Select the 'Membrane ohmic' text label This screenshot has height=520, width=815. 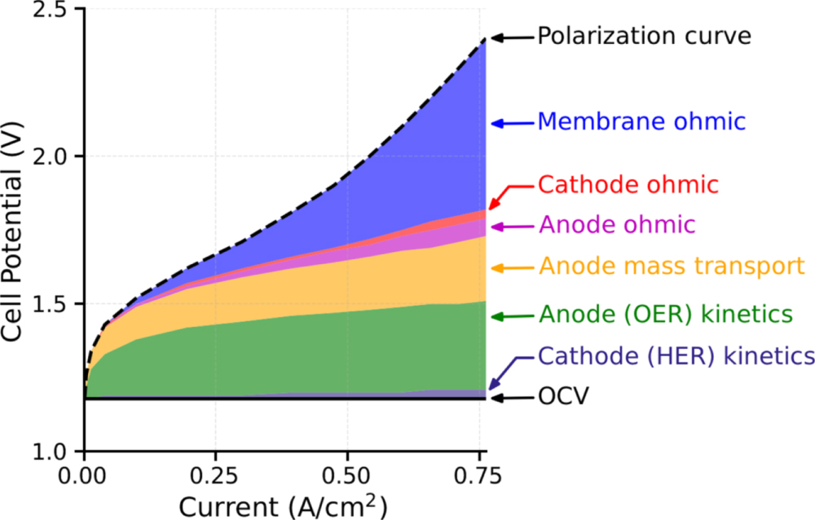point(641,122)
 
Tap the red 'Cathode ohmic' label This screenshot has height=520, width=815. point(628,185)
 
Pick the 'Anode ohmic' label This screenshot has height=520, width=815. point(616,225)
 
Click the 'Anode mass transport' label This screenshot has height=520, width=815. point(671,267)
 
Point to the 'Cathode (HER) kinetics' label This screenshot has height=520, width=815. point(676,356)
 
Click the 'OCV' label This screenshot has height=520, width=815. point(562,398)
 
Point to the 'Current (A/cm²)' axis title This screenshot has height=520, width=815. point(283,505)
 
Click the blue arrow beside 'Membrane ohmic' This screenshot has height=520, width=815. point(510,124)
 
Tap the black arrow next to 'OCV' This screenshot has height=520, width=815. point(510,398)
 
